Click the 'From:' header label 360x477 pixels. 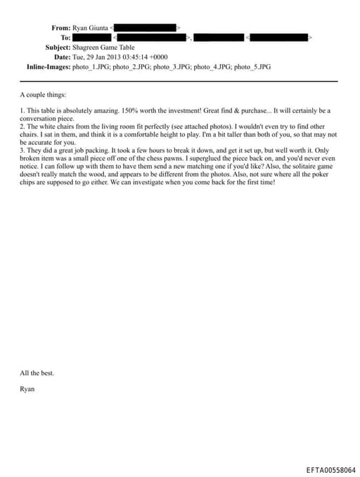coord(61,27)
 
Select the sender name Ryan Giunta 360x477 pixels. coord(90,27)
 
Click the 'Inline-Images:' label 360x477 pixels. coord(43,67)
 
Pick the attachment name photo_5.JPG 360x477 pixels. coord(252,67)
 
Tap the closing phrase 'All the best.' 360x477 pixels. coord(37,373)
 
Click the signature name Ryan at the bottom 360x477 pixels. coord(27,388)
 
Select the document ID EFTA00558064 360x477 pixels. coord(331,470)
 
